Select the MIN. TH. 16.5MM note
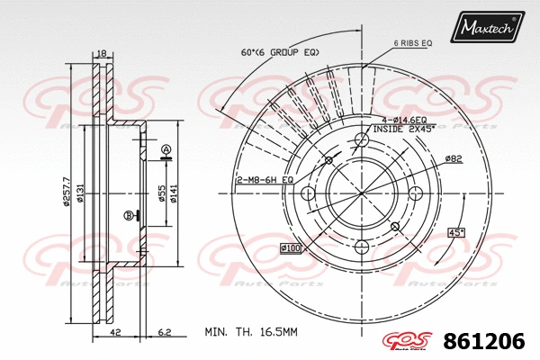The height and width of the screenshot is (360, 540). click(x=250, y=332)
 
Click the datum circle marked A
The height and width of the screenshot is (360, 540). click(x=166, y=148)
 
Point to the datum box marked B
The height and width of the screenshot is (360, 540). click(x=128, y=215)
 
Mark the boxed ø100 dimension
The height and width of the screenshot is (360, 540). click(x=290, y=247)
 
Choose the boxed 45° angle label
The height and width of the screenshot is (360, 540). click(x=455, y=233)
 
